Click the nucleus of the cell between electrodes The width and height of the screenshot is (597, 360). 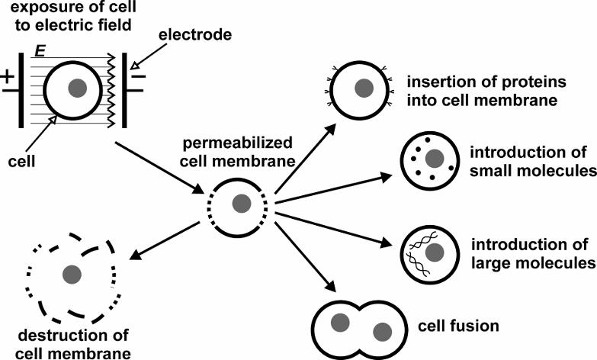(76, 88)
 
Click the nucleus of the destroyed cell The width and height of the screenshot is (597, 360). (72, 273)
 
